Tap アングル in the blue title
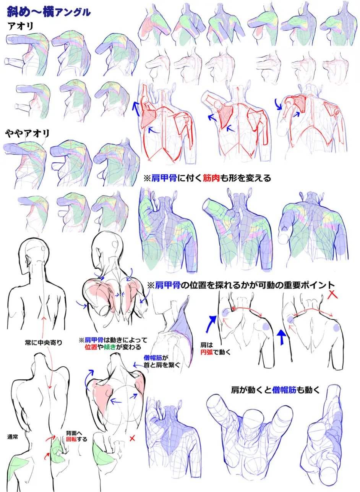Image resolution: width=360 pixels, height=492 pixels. click(73, 13)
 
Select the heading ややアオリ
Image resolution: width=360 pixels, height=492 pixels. click(28, 133)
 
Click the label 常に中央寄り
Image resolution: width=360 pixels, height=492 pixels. click(44, 342)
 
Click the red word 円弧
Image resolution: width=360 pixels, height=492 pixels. click(206, 352)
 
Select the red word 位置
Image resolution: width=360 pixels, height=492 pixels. click(91, 347)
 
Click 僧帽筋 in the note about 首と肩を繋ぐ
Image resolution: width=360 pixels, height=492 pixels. click(153, 358)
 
